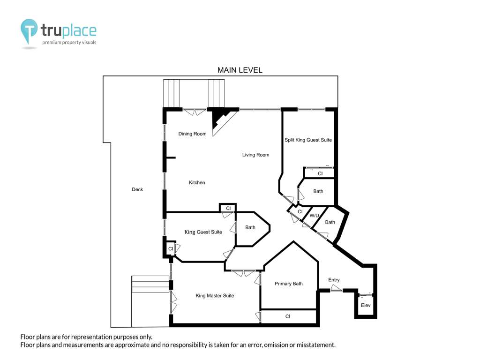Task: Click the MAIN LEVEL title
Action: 240,70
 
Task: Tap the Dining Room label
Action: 192,134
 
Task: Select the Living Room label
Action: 255,155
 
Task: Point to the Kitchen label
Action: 197,182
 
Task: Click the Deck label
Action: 137,189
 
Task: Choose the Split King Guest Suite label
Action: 308,140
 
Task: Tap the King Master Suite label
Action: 215,296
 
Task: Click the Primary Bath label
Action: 288,284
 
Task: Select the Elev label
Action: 366,305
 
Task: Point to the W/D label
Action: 314,216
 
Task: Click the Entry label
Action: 334,280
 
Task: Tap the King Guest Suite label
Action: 203,232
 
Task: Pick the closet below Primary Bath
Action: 288,316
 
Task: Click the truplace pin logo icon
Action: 29,31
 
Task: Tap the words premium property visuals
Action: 69,43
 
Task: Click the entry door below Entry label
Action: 336,289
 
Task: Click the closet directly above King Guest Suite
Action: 228,208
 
